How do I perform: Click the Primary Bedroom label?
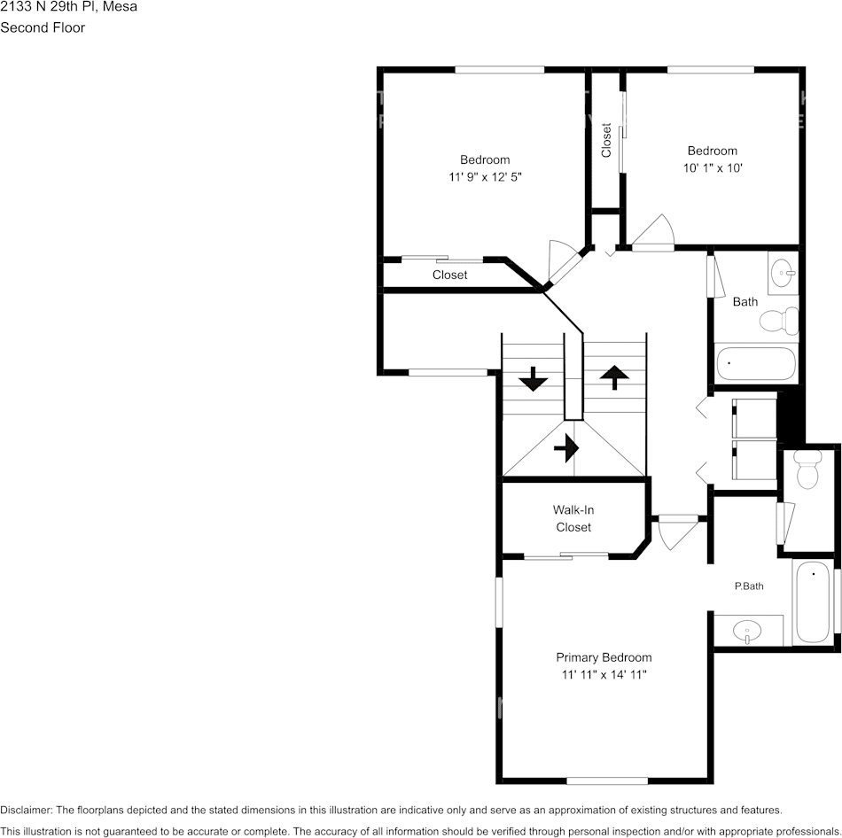coord(604,657)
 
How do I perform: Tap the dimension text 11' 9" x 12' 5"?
coord(485,177)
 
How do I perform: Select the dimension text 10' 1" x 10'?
coord(712,168)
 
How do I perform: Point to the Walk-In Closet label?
coord(573,518)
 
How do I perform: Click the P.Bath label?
coord(749,586)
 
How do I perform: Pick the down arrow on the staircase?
coord(533,380)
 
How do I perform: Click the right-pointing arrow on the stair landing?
coord(565,449)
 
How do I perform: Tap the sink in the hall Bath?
coord(783,272)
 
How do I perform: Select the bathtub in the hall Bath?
coord(756,363)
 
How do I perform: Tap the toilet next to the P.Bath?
coord(807,470)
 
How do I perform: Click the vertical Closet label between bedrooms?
coord(607,140)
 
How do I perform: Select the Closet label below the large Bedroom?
coord(449,275)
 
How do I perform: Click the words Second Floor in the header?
coord(43,27)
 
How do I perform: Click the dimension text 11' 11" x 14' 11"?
coord(604,675)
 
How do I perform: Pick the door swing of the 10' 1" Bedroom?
coord(655,233)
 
